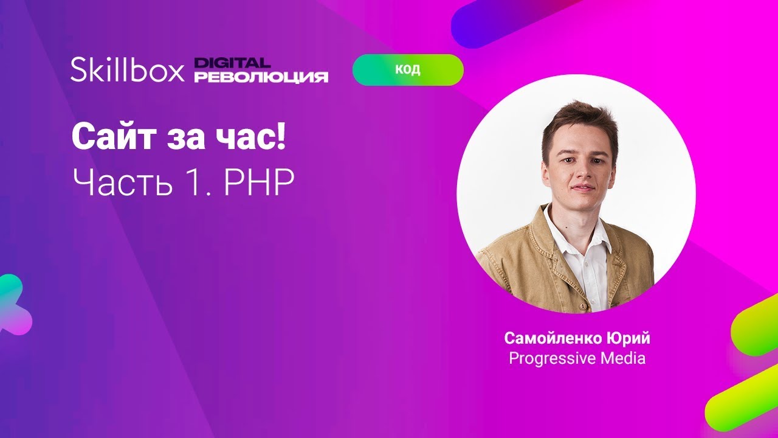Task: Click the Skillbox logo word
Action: [x=126, y=70]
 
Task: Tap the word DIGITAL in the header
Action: [x=232, y=63]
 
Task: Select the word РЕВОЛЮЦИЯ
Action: [x=261, y=77]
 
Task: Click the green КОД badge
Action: [x=408, y=69]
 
